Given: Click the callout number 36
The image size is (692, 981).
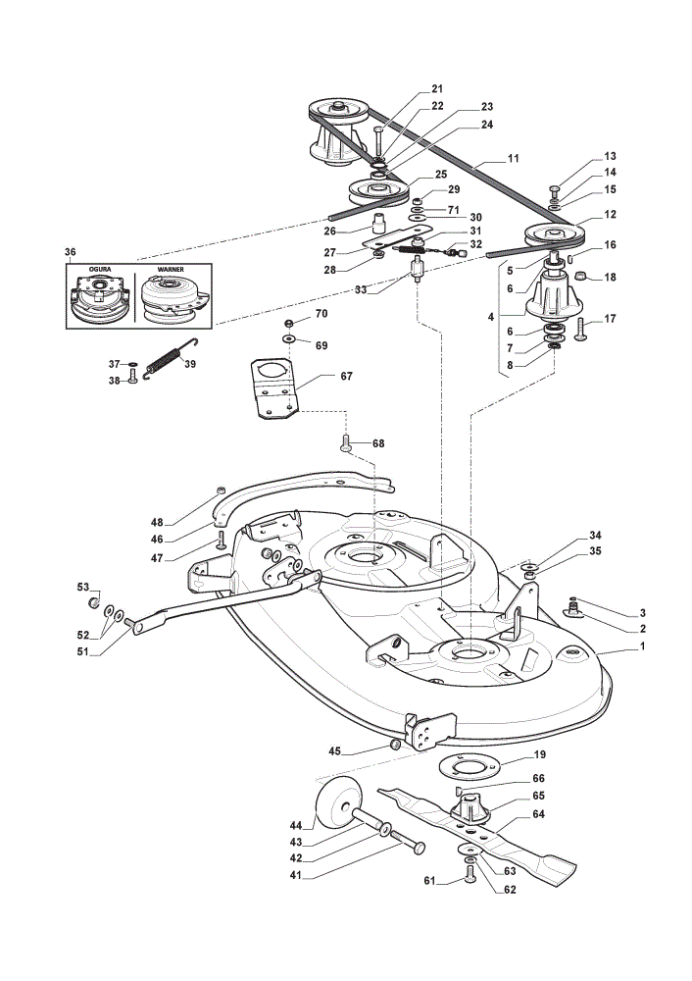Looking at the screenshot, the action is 70,252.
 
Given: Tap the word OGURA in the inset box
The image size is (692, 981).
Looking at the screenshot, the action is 100,269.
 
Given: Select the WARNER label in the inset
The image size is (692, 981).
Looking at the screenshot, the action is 171,269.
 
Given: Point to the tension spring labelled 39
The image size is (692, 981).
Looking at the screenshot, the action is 171,358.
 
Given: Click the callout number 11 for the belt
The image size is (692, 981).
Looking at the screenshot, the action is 514,158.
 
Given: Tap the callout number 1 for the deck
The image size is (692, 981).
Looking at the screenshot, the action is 642,646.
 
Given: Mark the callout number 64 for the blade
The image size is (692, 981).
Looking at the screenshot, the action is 538,813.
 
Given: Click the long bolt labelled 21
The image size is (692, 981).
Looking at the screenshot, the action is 378,142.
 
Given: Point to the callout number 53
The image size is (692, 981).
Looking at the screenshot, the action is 83,587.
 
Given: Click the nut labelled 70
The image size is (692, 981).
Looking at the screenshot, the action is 289,323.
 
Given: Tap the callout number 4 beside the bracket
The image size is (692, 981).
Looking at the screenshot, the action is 491,317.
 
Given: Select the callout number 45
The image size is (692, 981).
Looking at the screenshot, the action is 335,750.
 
